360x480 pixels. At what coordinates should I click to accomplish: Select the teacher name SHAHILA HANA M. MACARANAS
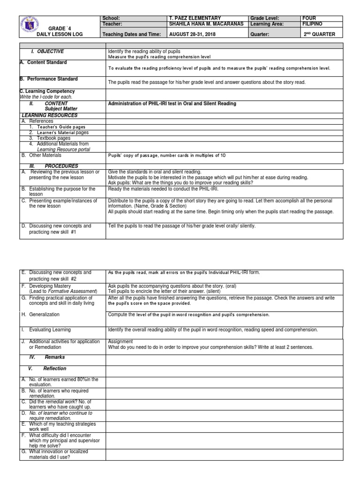click(x=206, y=23)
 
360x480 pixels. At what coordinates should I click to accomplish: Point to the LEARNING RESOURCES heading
click(x=49, y=115)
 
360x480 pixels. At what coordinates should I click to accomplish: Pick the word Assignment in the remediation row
click(x=120, y=342)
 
